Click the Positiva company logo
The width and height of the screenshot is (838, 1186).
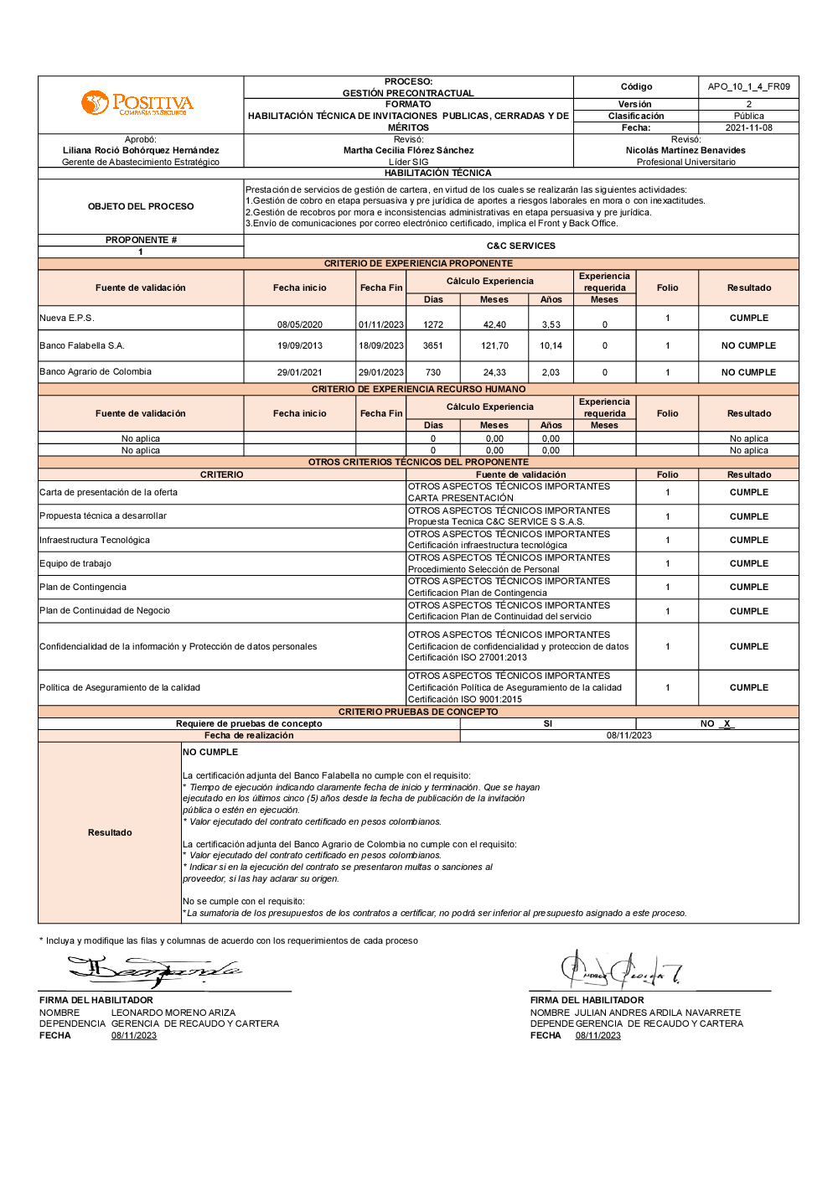tap(137, 104)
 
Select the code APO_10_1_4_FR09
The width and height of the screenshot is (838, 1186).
tap(748, 86)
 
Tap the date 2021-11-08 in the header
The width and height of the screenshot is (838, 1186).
tap(748, 128)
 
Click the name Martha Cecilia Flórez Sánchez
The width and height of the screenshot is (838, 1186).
tap(408, 151)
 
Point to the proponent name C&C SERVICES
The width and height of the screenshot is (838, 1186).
tap(520, 246)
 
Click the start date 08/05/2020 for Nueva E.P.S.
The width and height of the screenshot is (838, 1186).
tap(300, 324)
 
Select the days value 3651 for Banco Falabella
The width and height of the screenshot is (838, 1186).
tap(433, 345)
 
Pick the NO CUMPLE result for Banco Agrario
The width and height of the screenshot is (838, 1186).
tap(748, 372)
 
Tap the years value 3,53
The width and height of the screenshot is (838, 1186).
tap(551, 324)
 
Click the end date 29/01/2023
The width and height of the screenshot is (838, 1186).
tap(381, 372)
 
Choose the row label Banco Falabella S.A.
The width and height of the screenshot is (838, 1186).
tap(82, 345)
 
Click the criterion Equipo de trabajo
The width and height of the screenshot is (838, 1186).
tap(75, 563)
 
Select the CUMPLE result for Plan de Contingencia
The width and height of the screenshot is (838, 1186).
tap(748, 588)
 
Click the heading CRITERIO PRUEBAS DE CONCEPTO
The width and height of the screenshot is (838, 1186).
tap(418, 712)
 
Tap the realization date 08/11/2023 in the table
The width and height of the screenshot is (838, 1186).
tap(628, 736)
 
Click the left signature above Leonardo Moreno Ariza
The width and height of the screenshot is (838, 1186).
tap(155, 971)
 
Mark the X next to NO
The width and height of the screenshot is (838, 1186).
tap(727, 724)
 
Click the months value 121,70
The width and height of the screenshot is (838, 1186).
tap(494, 345)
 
